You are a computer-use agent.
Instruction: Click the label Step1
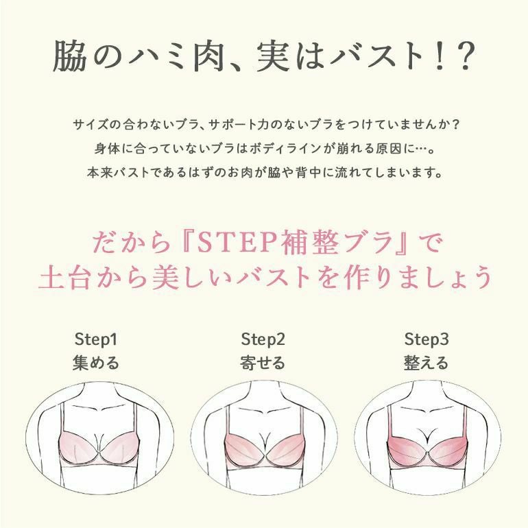point(96,339)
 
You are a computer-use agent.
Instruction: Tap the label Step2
point(263,339)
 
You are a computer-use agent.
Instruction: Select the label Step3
point(427,339)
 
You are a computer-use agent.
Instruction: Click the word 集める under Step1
point(96,363)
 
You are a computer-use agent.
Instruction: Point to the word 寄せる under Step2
point(263,363)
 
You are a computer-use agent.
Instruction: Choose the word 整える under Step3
point(427,363)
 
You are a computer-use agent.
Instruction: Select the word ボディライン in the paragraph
point(285,149)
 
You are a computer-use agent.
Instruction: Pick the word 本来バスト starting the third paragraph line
point(118,173)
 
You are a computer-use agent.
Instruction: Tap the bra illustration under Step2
point(265,445)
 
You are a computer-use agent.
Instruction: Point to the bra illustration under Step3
point(428,445)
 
